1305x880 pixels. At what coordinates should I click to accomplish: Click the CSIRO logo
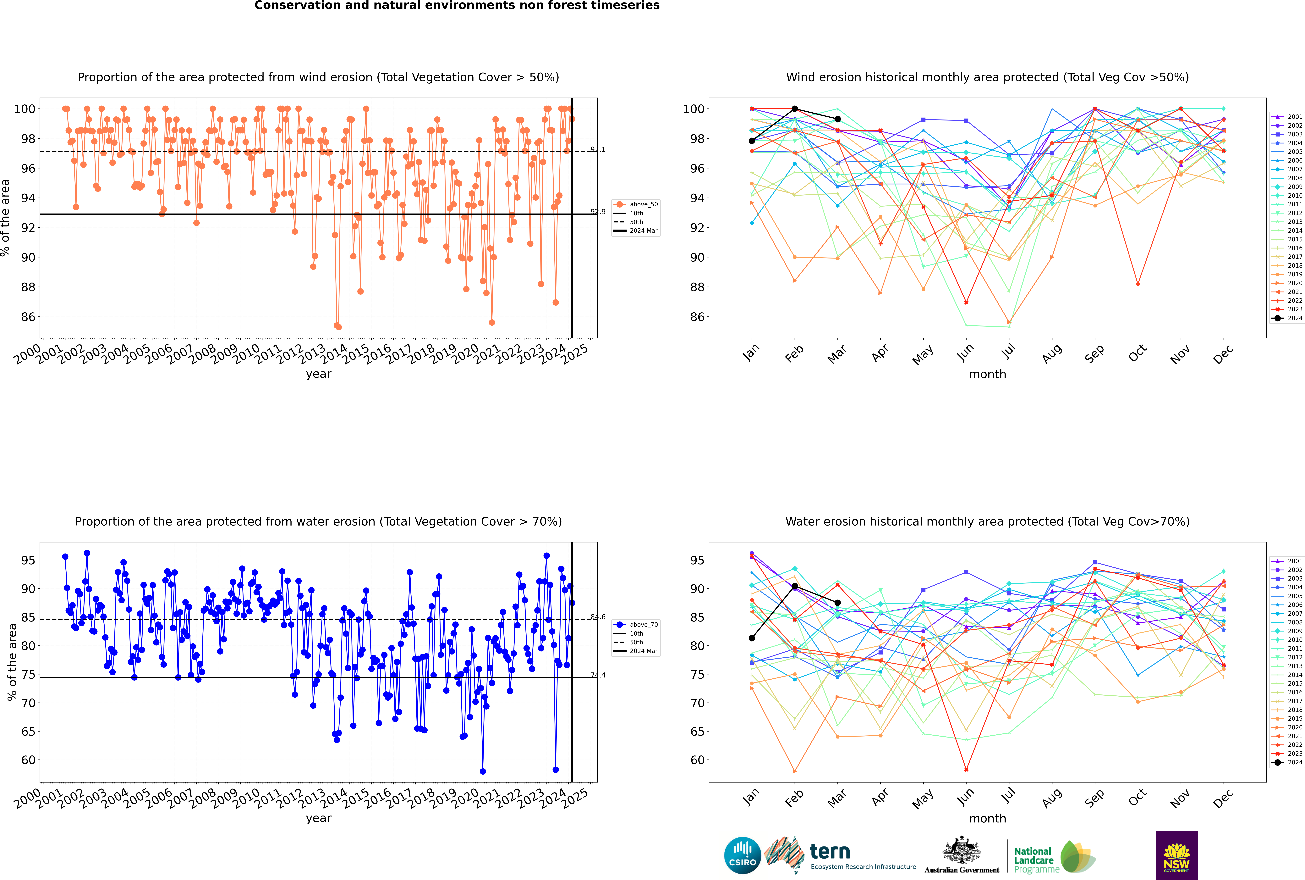742,855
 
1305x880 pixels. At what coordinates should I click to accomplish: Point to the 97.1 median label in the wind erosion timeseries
598,149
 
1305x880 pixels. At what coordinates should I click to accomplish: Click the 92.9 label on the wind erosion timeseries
598,212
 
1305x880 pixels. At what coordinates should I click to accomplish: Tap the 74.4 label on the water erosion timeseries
598,675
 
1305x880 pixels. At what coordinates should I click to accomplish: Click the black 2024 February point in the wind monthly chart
794,109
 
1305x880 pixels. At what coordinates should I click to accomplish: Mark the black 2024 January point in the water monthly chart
752,638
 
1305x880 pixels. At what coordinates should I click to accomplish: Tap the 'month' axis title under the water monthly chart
987,818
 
